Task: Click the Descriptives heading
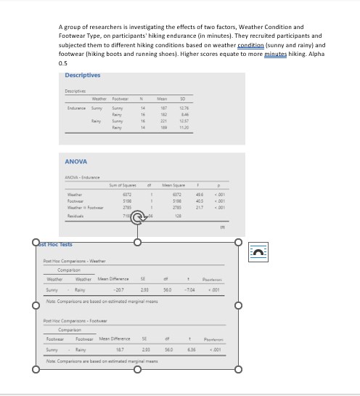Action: pyautogui.click(x=82, y=76)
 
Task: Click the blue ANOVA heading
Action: pyautogui.click(x=76, y=161)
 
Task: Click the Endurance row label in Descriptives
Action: pyautogui.click(x=77, y=108)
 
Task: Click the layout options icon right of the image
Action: pyautogui.click(x=258, y=251)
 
